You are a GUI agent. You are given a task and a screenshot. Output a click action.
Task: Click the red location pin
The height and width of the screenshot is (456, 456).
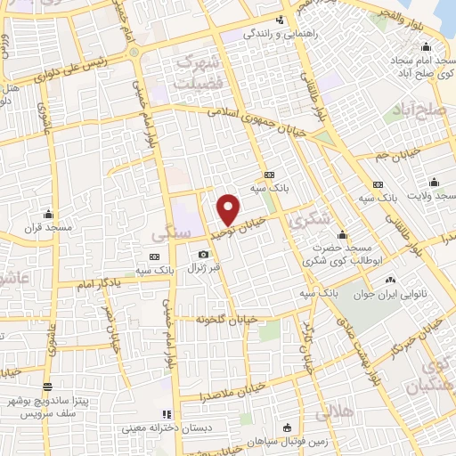click(229, 208)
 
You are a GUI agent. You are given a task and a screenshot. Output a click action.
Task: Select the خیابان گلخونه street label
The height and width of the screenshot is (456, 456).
click(226, 318)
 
